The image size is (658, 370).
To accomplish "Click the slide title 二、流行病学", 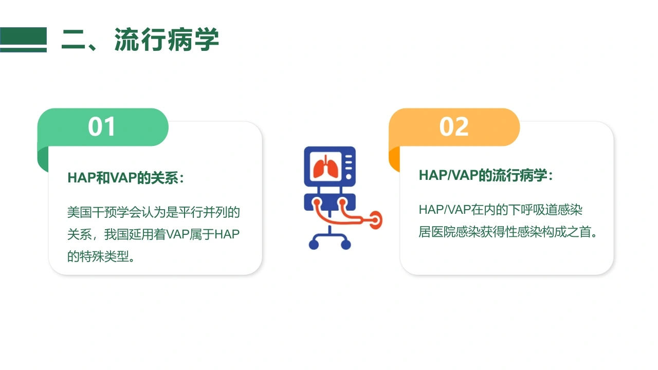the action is pyautogui.click(x=140, y=40).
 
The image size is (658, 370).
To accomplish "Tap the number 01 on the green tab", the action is pyautogui.click(x=102, y=126).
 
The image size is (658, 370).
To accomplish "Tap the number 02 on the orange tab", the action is pyautogui.click(x=454, y=126).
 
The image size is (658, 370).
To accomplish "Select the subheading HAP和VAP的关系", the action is pyautogui.click(x=125, y=178).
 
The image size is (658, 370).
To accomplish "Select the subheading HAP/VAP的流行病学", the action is pyautogui.click(x=486, y=175).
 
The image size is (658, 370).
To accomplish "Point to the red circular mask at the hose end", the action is pyautogui.click(x=376, y=220).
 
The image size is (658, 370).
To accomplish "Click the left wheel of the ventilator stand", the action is pyautogui.click(x=314, y=244).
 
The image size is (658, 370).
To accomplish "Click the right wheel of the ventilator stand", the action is pyautogui.click(x=346, y=244).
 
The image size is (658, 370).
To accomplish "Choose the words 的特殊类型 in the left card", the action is pyautogui.click(x=98, y=256).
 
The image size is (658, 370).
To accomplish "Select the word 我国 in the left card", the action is pyautogui.click(x=117, y=234).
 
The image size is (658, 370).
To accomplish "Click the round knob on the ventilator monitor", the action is pyautogui.click(x=349, y=176).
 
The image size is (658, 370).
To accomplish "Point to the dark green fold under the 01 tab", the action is pyautogui.click(x=43, y=159).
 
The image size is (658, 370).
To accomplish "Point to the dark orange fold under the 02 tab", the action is pyautogui.click(x=394, y=159).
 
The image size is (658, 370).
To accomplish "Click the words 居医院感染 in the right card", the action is pyautogui.click(x=449, y=232).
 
